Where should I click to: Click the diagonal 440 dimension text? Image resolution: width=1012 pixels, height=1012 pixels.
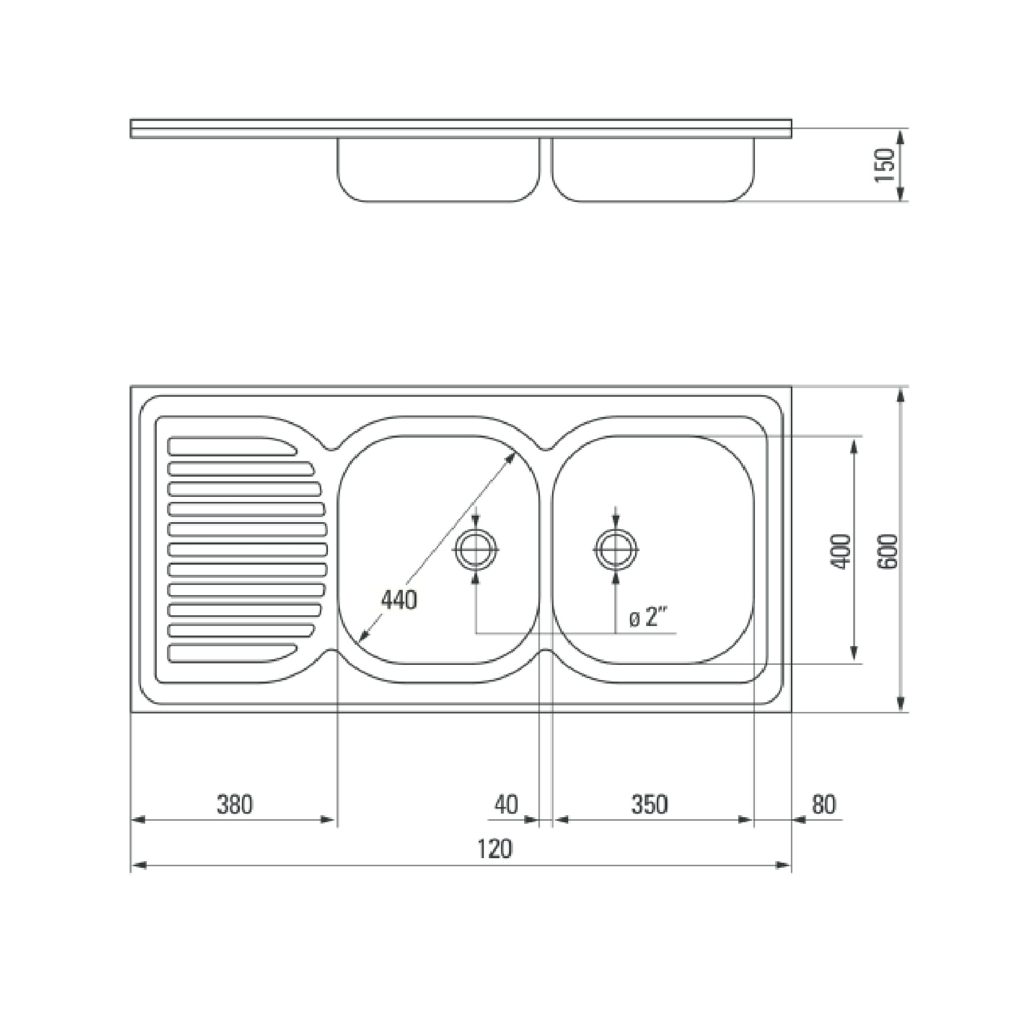[399, 600]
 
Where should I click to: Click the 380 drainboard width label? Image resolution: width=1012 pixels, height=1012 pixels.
[235, 805]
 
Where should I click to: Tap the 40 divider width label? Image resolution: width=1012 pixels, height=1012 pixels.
[506, 805]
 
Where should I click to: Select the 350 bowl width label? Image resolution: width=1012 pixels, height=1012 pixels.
[650, 805]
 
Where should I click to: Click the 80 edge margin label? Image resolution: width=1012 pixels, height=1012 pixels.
[824, 805]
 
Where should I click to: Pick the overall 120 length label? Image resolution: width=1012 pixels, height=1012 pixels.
[494, 849]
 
